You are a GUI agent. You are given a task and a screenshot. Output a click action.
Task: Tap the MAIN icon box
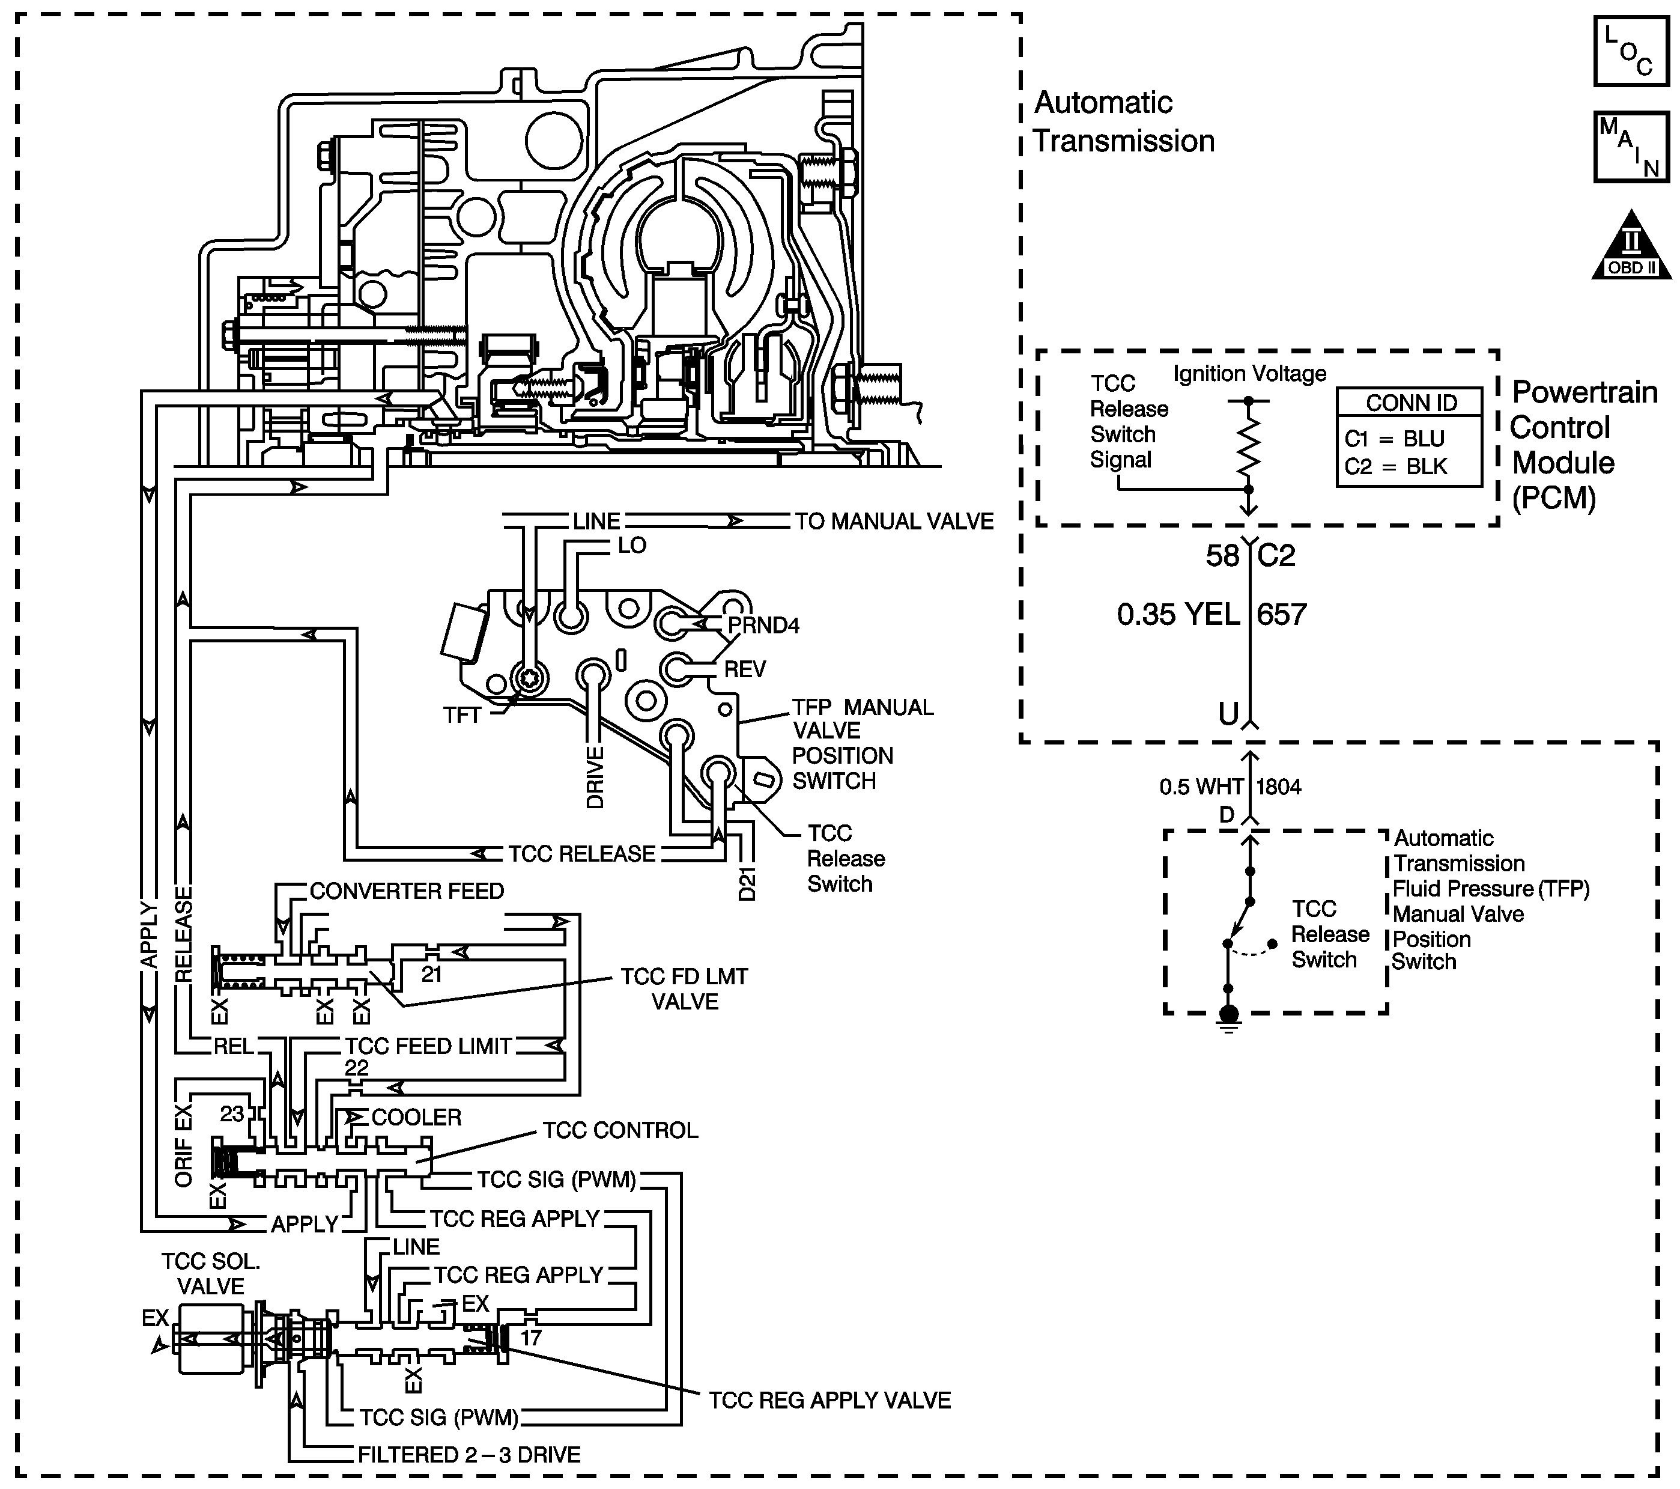[x=1631, y=147]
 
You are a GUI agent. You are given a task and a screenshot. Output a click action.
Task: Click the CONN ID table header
[x=1410, y=403]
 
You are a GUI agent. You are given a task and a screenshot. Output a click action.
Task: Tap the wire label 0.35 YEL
[x=1178, y=614]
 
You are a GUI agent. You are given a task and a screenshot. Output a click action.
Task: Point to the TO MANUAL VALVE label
[x=894, y=522]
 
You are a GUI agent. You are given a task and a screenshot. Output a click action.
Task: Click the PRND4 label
[x=763, y=625]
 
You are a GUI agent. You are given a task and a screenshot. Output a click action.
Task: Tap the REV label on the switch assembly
[x=745, y=669]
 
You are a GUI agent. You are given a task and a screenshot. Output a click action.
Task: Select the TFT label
[x=462, y=715]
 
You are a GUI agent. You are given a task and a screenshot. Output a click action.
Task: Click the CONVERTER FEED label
[x=407, y=891]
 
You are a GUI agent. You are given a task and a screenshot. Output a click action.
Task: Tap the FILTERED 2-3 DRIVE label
[x=469, y=1455]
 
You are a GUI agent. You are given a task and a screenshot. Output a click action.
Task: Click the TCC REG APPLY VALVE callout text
[x=830, y=1400]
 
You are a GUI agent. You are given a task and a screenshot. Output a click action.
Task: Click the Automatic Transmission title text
[x=1124, y=122]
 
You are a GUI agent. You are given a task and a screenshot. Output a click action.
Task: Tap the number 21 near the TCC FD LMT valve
[x=431, y=974]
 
